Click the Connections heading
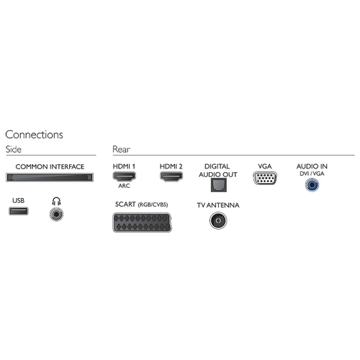point(34,135)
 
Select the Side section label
point(14,149)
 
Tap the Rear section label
point(121,149)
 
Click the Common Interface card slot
point(50,177)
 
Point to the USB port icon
point(19,211)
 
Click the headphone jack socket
point(56,214)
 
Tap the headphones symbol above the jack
point(56,201)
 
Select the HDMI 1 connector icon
point(124,176)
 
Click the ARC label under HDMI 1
point(124,186)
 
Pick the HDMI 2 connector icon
point(171,176)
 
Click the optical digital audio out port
point(219,185)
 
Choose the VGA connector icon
point(265,179)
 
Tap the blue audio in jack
point(312,185)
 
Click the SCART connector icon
point(142,222)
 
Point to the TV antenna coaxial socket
point(218,220)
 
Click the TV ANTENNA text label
point(218,205)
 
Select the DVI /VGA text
point(312,174)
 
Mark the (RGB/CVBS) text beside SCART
point(153,204)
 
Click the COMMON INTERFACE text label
point(50,166)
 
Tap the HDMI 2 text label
point(171,166)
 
